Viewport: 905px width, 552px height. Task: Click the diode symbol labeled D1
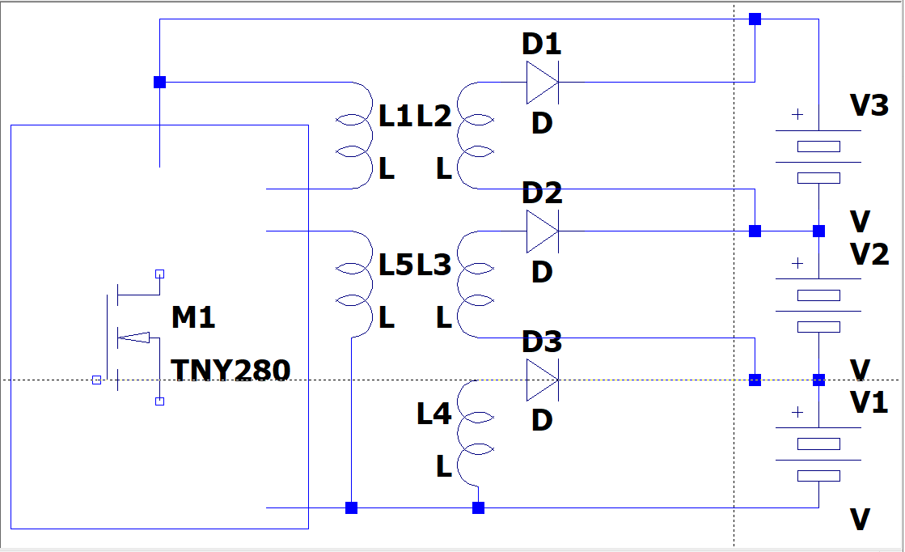542,83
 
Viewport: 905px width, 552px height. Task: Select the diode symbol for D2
542,231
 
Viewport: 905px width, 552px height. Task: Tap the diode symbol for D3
542,380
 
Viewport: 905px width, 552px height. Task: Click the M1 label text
193,318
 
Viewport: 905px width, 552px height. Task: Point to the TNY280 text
230,371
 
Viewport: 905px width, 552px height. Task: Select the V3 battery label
869,105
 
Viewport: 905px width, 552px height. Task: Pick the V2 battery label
869,254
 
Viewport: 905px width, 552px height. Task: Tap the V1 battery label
869,402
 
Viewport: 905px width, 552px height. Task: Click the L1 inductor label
396,117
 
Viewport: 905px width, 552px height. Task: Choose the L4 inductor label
433,414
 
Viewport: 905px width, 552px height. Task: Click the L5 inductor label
396,265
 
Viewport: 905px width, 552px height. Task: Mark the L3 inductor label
433,265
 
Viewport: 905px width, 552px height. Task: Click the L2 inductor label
433,117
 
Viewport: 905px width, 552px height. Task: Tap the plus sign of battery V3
797,115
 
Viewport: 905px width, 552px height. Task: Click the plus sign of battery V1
797,412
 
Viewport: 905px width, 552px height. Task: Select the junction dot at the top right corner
755,19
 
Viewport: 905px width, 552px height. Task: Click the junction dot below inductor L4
478,508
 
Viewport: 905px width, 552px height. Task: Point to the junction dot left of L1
159,82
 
